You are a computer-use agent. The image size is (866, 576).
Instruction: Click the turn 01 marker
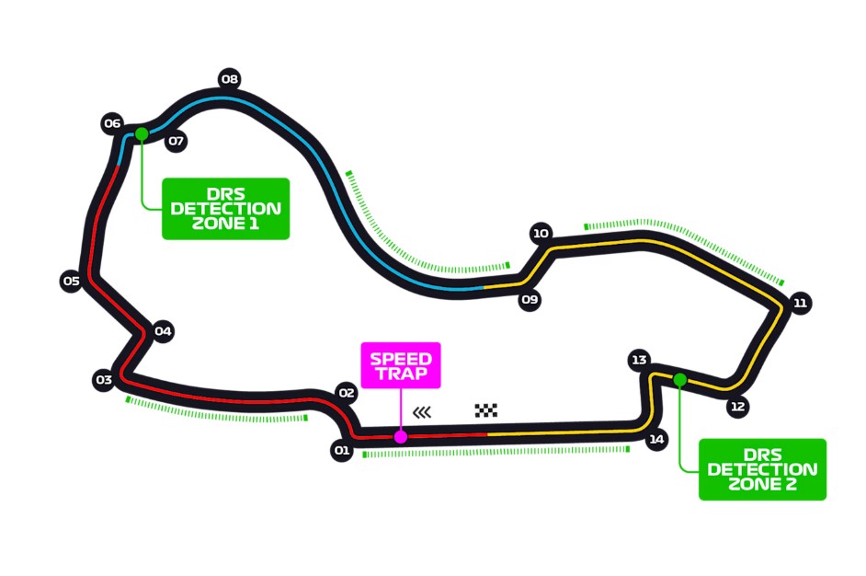pyautogui.click(x=342, y=451)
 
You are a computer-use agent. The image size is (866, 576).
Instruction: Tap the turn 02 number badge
pyautogui.click(x=346, y=393)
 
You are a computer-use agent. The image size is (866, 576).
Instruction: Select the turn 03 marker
pyautogui.click(x=103, y=379)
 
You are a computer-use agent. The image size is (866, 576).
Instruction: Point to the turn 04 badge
pyautogui.click(x=164, y=331)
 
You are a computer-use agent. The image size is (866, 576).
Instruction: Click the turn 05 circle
pyautogui.click(x=71, y=282)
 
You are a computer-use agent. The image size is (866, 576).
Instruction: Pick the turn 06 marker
pyautogui.click(x=112, y=123)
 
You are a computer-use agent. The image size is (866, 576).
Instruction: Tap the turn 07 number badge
pyautogui.click(x=176, y=142)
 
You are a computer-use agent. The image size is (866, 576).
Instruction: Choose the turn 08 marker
pyautogui.click(x=230, y=79)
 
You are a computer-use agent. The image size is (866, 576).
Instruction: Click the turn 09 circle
pyautogui.click(x=529, y=300)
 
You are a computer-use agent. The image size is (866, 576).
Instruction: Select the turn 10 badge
pyautogui.click(x=541, y=234)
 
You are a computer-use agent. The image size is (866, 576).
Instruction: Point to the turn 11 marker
pyautogui.click(x=801, y=303)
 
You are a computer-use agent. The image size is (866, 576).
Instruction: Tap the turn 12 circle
pyautogui.click(x=737, y=406)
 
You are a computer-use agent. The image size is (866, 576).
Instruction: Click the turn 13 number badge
pyautogui.click(x=640, y=360)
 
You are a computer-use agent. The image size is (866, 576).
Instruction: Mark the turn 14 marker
pyautogui.click(x=656, y=440)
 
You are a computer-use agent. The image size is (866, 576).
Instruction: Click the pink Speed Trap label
pyautogui.click(x=401, y=365)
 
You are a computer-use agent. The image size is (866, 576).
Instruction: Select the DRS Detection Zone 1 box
pyautogui.click(x=225, y=209)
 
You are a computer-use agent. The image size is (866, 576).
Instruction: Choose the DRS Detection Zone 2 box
pyautogui.click(x=762, y=469)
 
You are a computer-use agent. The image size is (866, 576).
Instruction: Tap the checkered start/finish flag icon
pyautogui.click(x=486, y=410)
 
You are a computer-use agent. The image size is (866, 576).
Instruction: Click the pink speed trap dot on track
pyautogui.click(x=401, y=437)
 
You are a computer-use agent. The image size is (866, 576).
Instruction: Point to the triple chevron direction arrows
pyautogui.click(x=422, y=411)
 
